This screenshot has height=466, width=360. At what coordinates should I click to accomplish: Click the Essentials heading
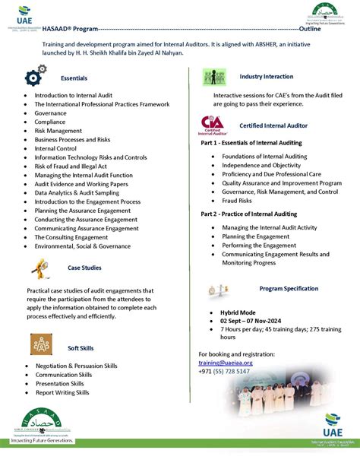tap(74, 78)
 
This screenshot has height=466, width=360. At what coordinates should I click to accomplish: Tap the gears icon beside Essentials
tap(36, 76)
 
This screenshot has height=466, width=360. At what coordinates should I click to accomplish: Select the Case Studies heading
tap(84, 268)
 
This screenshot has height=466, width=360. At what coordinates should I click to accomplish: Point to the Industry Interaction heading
tap(266, 77)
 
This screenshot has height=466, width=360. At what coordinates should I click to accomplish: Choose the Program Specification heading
tap(289, 289)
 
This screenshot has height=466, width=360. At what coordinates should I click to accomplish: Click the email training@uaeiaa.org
tap(225, 363)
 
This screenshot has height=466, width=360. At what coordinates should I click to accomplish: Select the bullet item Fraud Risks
tap(236, 201)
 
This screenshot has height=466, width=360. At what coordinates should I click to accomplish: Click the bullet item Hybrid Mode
tap(238, 312)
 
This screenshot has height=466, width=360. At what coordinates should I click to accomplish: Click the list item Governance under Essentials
tap(50, 113)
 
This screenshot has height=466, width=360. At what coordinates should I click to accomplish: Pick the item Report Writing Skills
tap(62, 392)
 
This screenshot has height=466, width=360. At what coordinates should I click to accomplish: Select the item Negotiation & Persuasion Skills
tap(76, 366)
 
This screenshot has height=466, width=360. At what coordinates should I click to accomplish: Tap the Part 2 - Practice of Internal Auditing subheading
tap(248, 214)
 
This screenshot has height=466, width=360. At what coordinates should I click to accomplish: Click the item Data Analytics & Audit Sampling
tap(77, 193)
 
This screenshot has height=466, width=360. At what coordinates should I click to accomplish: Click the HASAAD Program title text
tap(70, 29)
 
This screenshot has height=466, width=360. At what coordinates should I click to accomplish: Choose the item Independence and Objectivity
tap(261, 165)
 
